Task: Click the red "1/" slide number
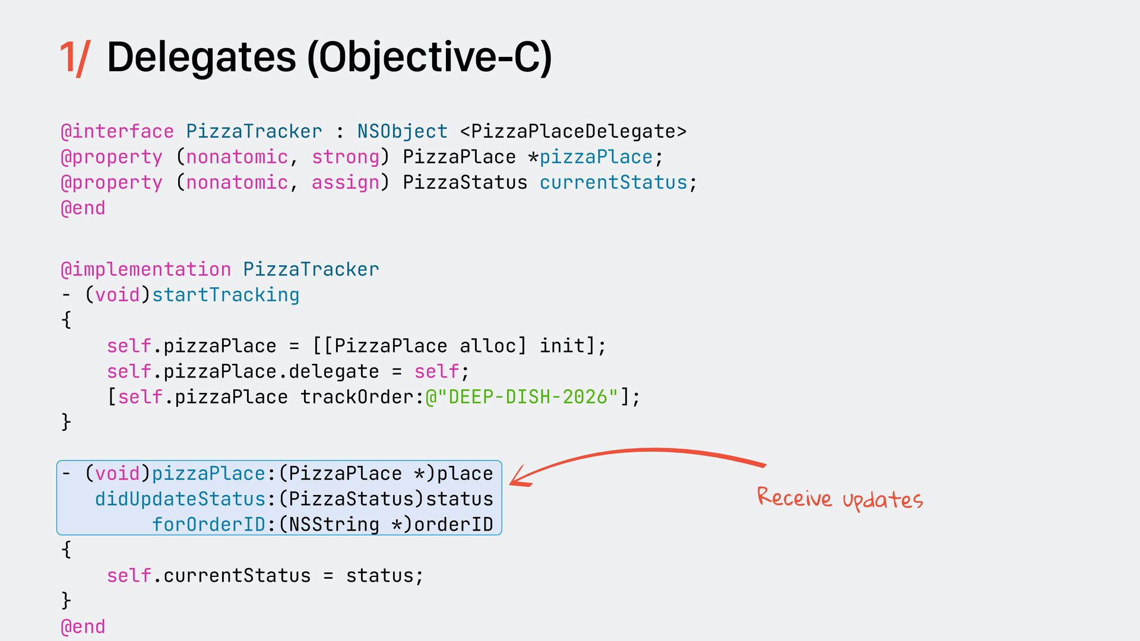(74, 58)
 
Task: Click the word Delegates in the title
(201, 58)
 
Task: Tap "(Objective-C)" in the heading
(429, 58)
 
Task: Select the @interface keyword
(117, 131)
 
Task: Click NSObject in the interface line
(402, 131)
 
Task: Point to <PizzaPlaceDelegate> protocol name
(573, 131)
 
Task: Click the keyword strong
(345, 157)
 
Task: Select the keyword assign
(345, 182)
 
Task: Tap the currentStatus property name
(613, 182)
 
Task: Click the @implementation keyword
(145, 269)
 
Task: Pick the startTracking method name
(226, 295)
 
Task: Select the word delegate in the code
(334, 372)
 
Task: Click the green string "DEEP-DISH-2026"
(528, 397)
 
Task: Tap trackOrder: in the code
(362, 397)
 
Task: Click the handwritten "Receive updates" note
(840, 499)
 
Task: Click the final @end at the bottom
(83, 627)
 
